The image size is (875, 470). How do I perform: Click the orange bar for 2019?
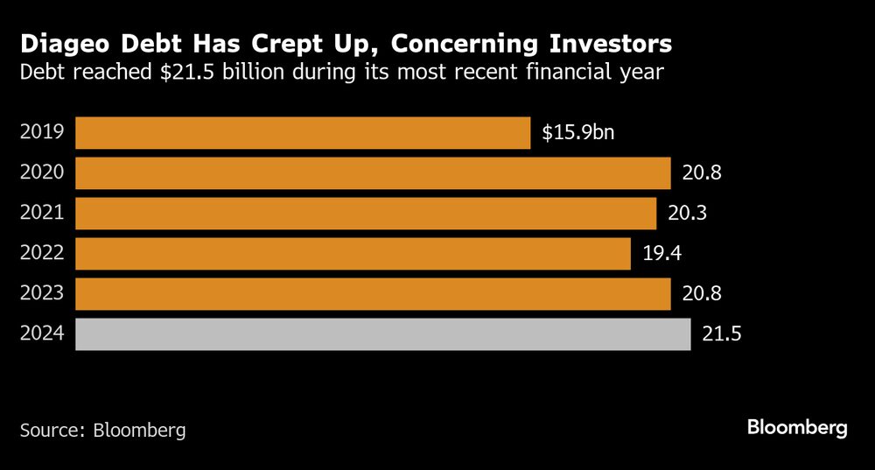click(303, 133)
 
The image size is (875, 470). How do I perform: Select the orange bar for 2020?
click(373, 173)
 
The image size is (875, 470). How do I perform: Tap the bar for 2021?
click(366, 214)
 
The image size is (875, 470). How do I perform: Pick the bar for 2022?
click(353, 254)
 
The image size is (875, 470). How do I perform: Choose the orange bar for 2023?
click(373, 294)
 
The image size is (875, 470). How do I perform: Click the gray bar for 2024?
click(382, 334)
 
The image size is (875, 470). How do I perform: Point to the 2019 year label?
click(42, 133)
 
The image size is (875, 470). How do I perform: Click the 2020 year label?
click(42, 173)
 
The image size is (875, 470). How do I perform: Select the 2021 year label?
click(42, 214)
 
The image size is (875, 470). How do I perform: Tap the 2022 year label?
click(42, 254)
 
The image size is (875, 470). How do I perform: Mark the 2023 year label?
click(42, 294)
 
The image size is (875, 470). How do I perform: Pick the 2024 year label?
click(42, 334)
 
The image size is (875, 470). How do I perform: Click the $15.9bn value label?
click(578, 133)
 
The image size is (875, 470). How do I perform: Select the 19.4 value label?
click(661, 254)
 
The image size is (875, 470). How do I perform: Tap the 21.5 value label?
click(722, 334)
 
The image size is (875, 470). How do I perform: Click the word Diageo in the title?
click(66, 43)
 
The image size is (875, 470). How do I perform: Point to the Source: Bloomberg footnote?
click(103, 431)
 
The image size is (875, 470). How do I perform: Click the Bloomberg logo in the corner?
click(797, 428)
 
